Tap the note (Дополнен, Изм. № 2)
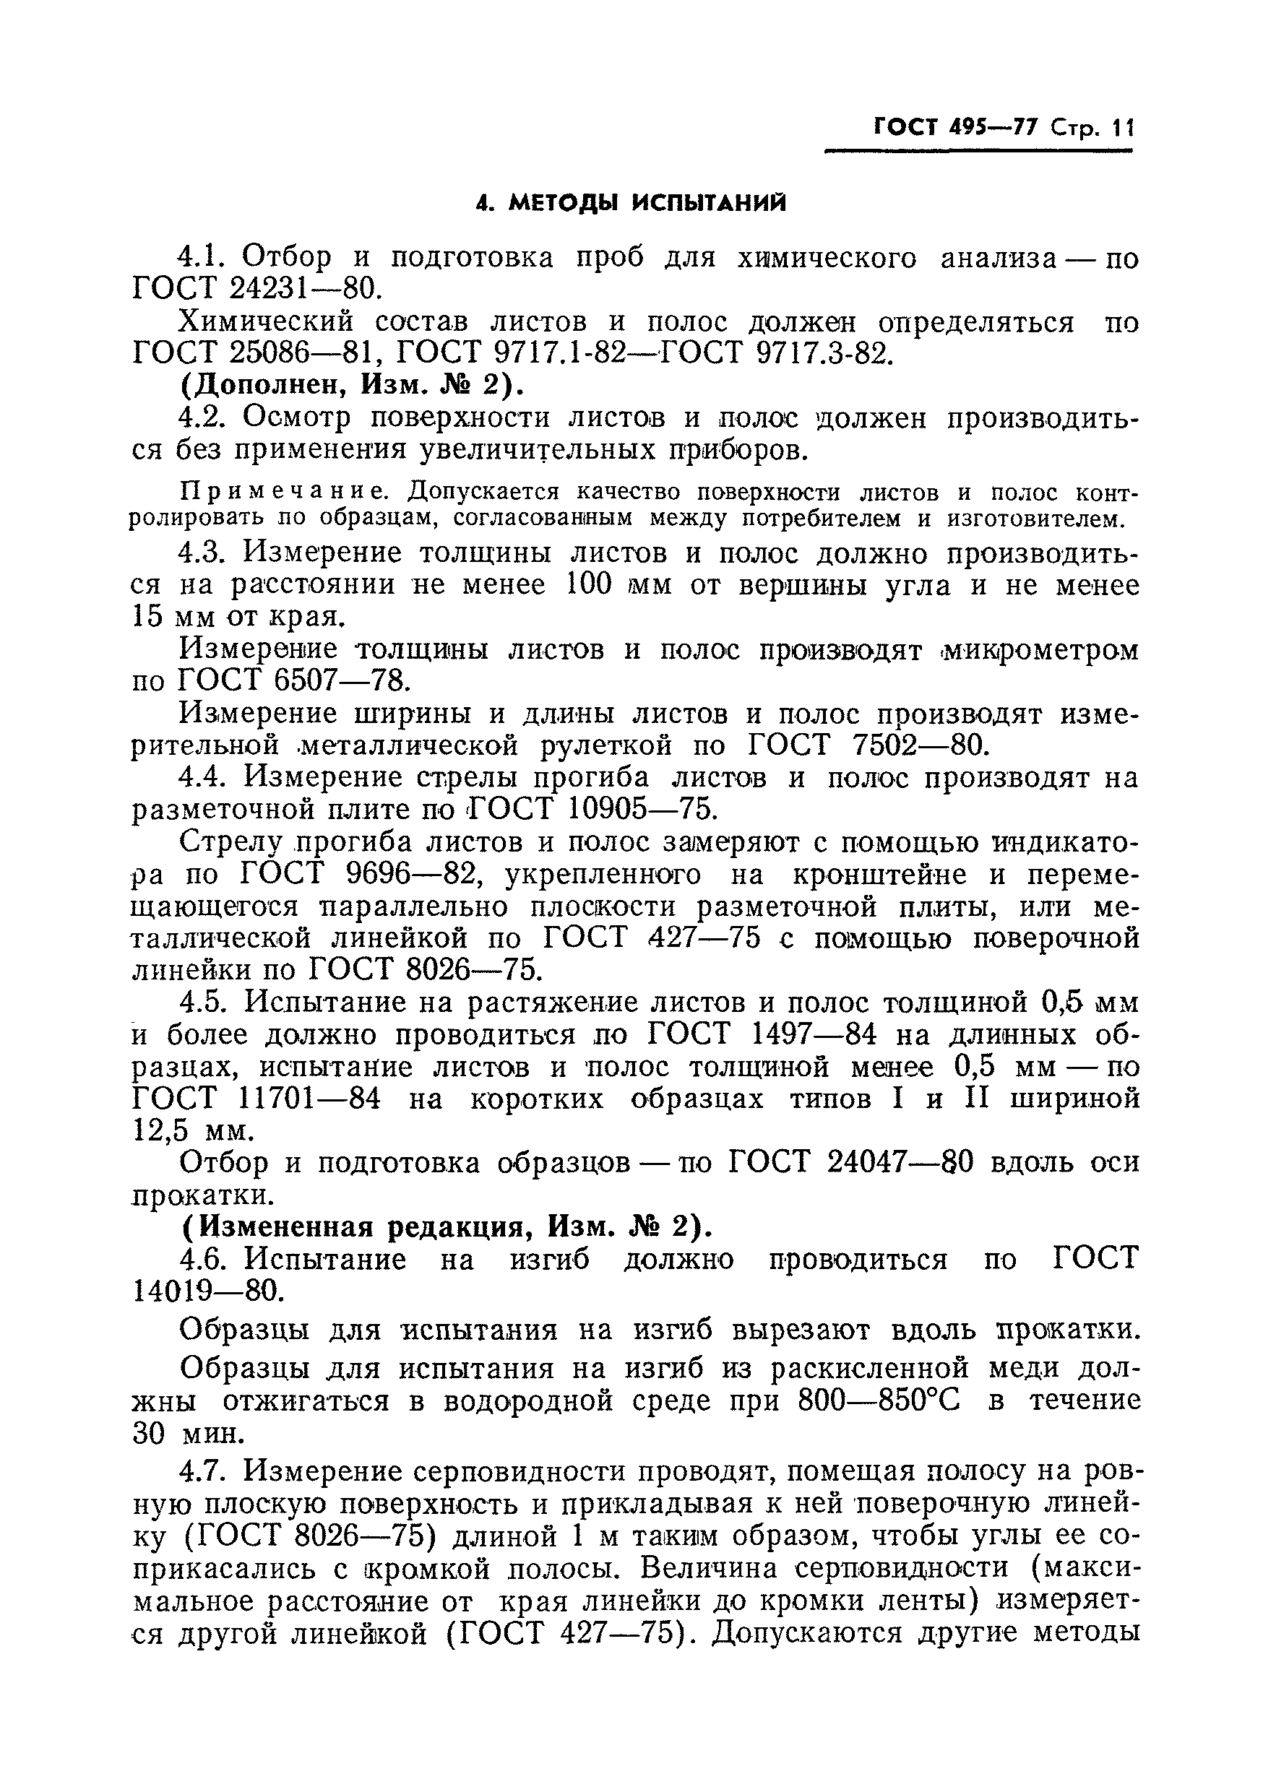[351, 386]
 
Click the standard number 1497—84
[815, 1036]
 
